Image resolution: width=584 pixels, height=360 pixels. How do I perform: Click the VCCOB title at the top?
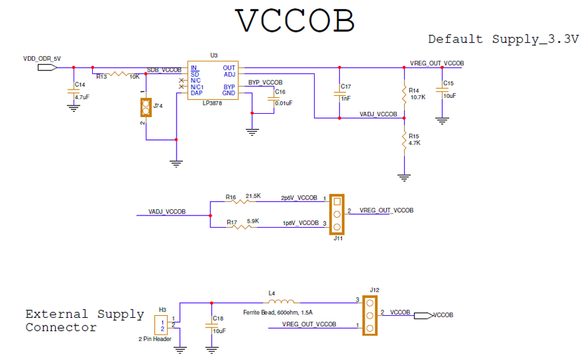[295, 20]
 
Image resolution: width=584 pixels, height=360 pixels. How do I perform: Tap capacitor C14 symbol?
[74, 91]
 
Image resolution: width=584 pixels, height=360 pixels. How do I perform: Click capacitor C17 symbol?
[340, 93]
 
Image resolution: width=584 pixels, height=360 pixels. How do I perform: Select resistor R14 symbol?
[404, 93]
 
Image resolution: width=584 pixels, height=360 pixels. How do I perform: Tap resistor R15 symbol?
[404, 141]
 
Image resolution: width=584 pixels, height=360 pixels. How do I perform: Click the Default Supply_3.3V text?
[503, 39]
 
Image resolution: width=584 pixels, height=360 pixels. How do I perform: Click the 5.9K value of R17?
[253, 221]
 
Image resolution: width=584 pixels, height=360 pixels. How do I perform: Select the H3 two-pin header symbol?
[164, 325]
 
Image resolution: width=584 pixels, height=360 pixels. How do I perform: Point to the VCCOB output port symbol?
[422, 315]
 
